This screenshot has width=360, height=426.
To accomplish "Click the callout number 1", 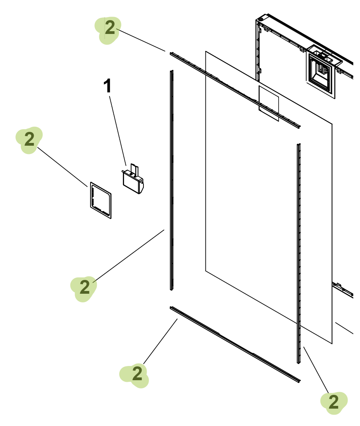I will (107, 86).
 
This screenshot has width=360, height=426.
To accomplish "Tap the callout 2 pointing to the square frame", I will (29, 139).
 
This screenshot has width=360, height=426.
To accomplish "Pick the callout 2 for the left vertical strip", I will (85, 287).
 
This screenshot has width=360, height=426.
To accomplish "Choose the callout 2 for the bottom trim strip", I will (137, 373).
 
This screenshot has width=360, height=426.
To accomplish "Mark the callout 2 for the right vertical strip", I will (334, 402).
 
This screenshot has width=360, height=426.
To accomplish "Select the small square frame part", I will (101, 200).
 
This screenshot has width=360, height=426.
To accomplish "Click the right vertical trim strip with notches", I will (299, 253).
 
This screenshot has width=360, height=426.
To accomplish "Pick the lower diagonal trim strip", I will (235, 344).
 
